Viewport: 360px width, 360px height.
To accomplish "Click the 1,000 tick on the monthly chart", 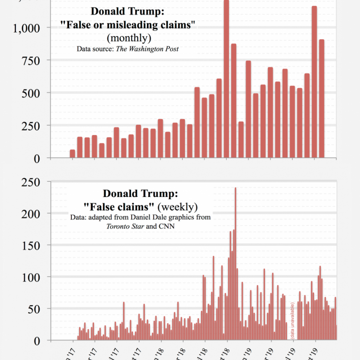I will [27, 28].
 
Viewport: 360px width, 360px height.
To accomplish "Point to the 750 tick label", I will [31, 61].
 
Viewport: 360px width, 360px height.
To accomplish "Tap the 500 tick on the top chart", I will [31, 93].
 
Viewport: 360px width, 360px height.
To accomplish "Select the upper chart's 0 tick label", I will [37, 158].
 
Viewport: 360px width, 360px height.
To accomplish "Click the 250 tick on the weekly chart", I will [31, 182].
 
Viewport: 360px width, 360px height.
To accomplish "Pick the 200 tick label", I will [31, 214].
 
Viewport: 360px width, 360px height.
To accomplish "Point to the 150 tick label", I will [31, 245].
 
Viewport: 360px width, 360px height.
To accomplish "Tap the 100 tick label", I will [31, 277].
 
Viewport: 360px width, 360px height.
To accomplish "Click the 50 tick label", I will [34, 309].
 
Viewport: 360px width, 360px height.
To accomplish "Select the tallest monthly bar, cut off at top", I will [226, 80].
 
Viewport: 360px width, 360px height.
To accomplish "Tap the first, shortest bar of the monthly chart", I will [73, 154].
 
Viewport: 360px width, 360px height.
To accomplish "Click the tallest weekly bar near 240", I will [235, 263].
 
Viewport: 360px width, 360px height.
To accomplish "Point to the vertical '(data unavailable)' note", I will [293, 321].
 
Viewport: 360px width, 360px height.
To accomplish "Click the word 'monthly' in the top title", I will [129, 38].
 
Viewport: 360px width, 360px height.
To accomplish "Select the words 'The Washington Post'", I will [147, 49].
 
